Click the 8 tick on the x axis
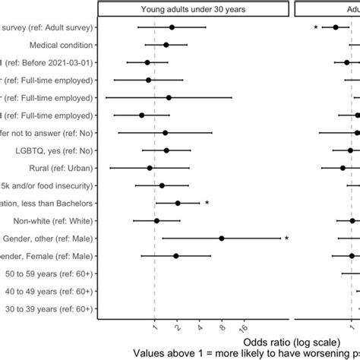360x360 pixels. (222, 328)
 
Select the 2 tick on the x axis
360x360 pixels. (177, 328)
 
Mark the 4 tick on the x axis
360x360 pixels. (200, 328)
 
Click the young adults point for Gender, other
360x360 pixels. (222, 238)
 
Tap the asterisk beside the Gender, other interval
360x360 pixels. (286, 239)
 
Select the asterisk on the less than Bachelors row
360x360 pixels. (207, 204)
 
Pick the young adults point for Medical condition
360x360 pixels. (166, 45)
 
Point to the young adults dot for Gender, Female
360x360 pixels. (176, 256)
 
